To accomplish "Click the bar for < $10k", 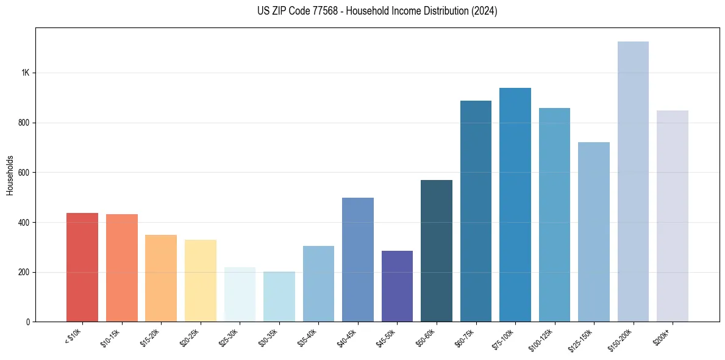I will tap(82, 267).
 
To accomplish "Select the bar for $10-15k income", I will tap(121, 268).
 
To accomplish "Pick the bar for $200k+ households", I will tap(673, 216).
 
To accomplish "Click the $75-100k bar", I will tap(515, 205).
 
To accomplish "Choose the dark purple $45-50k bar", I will tap(397, 286).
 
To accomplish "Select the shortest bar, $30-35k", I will tap(279, 297).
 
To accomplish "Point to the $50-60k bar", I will tap(437, 251).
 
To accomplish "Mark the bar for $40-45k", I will tap(358, 260).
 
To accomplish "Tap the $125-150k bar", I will tap(594, 232).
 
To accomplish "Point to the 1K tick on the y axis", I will tap(26, 73).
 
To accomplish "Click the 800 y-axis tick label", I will tap(24, 123).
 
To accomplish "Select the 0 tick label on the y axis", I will tap(29, 322).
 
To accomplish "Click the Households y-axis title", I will tap(10, 175).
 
